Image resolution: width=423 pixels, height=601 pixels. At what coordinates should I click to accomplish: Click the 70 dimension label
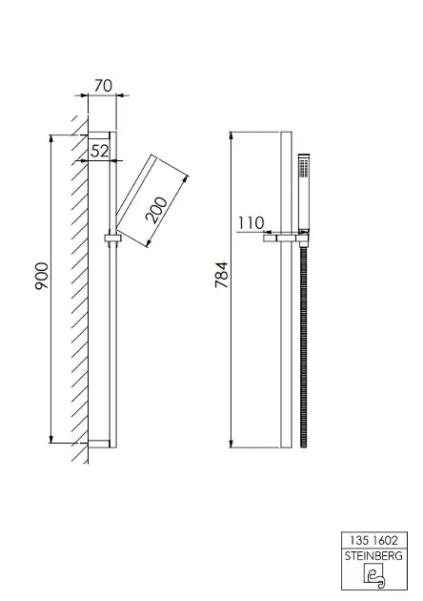(x=103, y=86)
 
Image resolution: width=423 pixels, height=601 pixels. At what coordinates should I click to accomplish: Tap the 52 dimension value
(x=99, y=152)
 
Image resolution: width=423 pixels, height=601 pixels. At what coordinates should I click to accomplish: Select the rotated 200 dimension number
(x=156, y=210)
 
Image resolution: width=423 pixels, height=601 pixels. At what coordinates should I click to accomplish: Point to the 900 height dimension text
(x=42, y=276)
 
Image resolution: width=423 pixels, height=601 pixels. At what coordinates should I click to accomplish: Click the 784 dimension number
(x=222, y=275)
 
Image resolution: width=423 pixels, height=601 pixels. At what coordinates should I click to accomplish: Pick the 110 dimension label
(x=251, y=222)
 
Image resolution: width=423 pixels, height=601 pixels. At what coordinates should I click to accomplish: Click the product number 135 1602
(x=373, y=541)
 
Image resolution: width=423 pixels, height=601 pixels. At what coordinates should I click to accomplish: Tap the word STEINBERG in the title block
(x=373, y=556)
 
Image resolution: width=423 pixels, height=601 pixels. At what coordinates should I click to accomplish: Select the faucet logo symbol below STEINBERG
(x=374, y=575)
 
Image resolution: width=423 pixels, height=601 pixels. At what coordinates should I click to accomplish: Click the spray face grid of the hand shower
(x=304, y=168)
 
